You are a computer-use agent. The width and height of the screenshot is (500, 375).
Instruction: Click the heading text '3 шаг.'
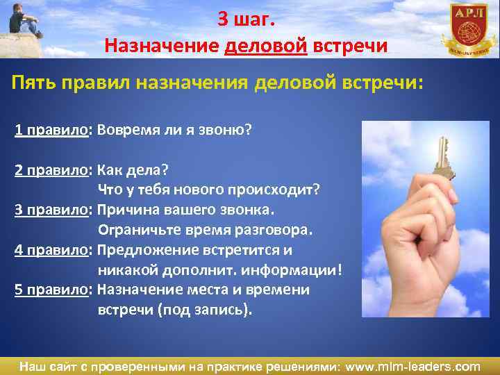point(246,19)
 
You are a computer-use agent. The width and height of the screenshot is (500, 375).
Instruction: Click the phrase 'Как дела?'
point(134,170)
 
